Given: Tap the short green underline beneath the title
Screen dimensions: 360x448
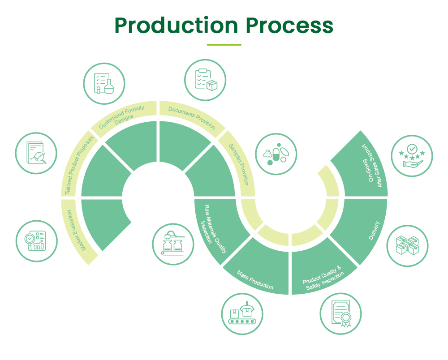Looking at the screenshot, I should pyautogui.click(x=224, y=45).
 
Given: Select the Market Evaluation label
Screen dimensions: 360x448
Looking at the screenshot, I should pyautogui.click(x=81, y=231).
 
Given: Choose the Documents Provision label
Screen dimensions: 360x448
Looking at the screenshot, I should pyautogui.click(x=192, y=117).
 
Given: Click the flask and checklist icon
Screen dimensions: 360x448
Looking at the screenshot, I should pyautogui.click(x=104, y=83).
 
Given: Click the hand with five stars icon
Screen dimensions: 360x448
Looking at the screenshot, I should pyautogui.click(x=412, y=156).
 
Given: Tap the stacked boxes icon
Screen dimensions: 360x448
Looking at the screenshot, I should pyautogui.click(x=407, y=246).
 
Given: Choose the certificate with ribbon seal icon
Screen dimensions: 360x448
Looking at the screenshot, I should pyautogui.click(x=341, y=313).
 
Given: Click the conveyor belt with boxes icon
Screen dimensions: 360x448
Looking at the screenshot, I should pyautogui.click(x=242, y=313).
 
